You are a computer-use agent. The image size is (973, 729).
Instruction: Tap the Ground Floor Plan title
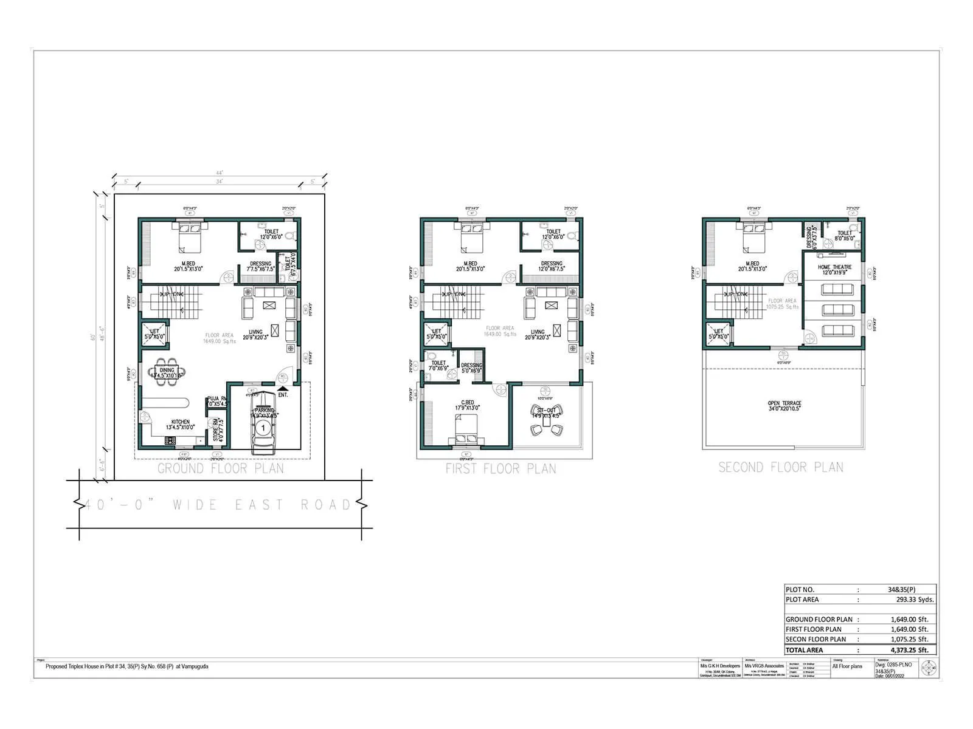click(221, 468)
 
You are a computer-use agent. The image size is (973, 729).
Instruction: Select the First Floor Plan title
click(500, 468)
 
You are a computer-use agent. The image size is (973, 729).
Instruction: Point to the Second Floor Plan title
click(781, 467)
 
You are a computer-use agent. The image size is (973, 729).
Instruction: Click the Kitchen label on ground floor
click(180, 422)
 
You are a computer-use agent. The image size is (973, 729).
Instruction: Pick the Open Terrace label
click(784, 403)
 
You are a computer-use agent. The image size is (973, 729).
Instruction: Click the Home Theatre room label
click(834, 267)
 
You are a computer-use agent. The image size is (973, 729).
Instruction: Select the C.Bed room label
click(467, 403)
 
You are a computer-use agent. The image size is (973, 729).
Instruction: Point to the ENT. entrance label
click(283, 395)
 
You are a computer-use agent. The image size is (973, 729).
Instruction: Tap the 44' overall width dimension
click(219, 173)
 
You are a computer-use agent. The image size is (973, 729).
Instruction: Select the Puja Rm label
click(216, 399)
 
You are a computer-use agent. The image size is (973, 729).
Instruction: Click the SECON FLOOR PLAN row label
click(815, 639)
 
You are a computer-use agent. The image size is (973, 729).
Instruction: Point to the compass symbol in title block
click(929, 668)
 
